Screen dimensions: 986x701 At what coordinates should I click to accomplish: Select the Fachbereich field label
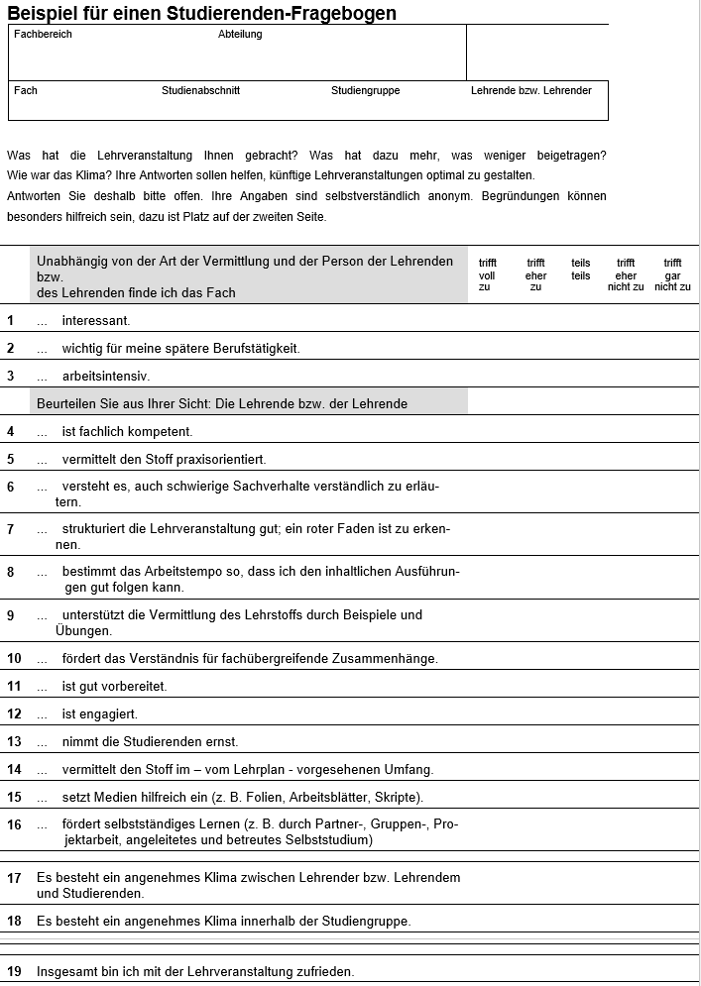[x=43, y=34]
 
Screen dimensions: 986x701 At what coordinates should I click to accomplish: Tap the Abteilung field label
[x=240, y=34]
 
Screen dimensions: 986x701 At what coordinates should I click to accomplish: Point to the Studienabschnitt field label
[x=200, y=90]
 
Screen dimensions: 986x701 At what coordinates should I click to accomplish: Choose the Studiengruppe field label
[x=365, y=90]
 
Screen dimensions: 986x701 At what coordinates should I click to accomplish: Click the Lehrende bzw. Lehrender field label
[x=530, y=90]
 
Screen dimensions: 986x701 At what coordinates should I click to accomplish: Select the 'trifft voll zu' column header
[x=487, y=274]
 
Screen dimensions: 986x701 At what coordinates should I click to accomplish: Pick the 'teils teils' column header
[x=580, y=270]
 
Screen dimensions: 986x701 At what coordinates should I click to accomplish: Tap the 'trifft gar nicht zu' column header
[x=672, y=274]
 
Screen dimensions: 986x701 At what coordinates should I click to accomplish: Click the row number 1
[x=11, y=320]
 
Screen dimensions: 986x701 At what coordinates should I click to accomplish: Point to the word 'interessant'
[x=95, y=320]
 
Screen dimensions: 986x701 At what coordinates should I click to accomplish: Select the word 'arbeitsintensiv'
[x=105, y=376]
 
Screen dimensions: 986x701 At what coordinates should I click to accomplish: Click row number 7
[x=11, y=529]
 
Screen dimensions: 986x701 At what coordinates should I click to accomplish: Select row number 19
[x=14, y=971]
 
